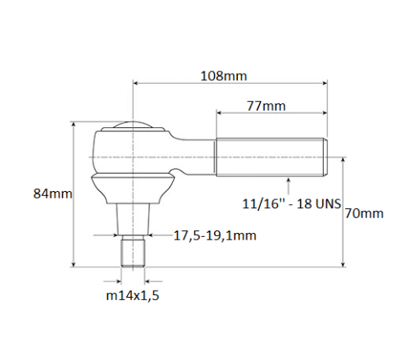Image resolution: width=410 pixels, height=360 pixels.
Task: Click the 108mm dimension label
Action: (223, 75)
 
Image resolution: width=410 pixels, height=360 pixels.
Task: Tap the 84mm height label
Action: (52, 194)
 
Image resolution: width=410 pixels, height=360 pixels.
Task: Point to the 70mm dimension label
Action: (364, 213)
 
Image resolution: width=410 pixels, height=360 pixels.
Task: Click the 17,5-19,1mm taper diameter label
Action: (215, 235)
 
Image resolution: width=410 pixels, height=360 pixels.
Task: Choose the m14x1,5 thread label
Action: (132, 295)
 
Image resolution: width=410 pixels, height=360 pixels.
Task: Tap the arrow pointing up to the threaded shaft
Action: (289, 180)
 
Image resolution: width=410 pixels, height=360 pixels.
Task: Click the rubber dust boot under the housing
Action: (133, 186)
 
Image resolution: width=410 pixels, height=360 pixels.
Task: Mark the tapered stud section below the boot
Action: (133, 217)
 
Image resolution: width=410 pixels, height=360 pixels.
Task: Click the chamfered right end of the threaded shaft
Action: (326, 157)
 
